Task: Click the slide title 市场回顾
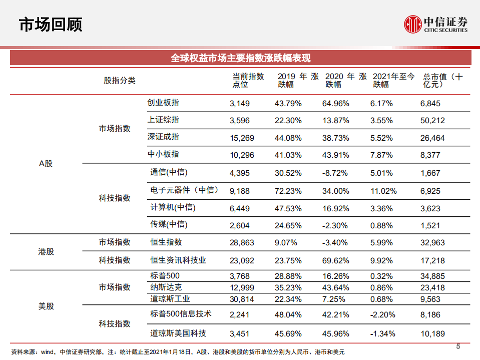[x=50, y=24]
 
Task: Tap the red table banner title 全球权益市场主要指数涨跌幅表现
[x=240, y=58]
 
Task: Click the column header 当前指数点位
[x=248, y=81]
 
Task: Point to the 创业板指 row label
[x=163, y=103]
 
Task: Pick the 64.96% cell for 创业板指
[x=337, y=104]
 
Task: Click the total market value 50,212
[x=432, y=121]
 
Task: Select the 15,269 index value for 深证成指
[x=242, y=138]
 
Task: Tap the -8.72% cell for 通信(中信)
[x=337, y=173]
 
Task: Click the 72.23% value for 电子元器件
[x=288, y=191]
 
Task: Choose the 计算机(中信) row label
[x=173, y=207]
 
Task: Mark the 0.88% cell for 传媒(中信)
[x=381, y=225]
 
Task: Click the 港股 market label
[x=46, y=251]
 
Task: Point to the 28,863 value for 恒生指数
[x=242, y=243]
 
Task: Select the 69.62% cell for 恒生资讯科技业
[x=337, y=261]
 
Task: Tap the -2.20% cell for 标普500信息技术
[x=383, y=315]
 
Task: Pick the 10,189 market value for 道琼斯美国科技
[x=432, y=333]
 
